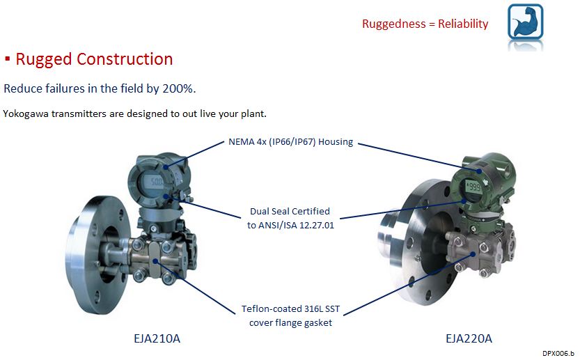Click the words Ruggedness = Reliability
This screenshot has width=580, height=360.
click(425, 24)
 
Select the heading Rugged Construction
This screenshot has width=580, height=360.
click(94, 59)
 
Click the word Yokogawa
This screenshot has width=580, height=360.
click(26, 114)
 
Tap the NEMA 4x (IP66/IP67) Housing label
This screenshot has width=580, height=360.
click(291, 142)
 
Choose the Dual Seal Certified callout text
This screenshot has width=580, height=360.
click(290, 211)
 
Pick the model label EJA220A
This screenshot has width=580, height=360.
click(469, 339)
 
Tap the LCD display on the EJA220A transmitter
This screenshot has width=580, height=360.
click(476, 187)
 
